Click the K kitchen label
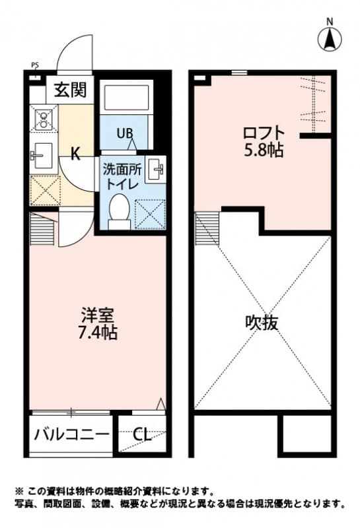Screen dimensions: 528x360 tap(76, 155)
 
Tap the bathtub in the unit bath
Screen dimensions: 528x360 tap(128, 98)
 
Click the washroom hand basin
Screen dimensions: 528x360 tap(158, 170)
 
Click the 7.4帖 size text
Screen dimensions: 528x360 tap(99, 333)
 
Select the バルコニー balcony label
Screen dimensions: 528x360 tap(71, 434)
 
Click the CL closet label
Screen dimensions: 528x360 tap(141, 434)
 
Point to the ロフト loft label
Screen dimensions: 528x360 tap(262, 132)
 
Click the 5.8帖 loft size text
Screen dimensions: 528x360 tap(262, 150)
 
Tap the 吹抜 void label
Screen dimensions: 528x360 tap(262, 323)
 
